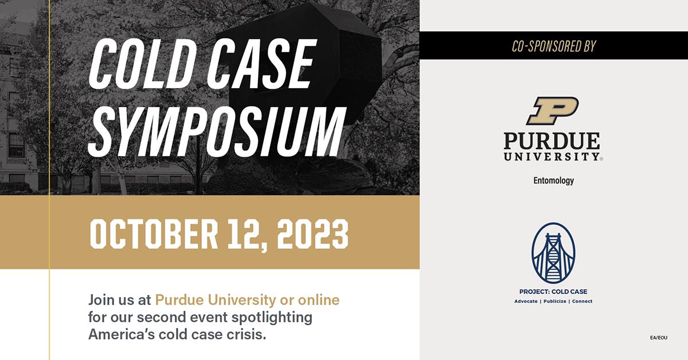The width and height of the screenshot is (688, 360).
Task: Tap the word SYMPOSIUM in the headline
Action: point(217,132)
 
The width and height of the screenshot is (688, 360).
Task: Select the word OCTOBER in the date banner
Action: point(154,234)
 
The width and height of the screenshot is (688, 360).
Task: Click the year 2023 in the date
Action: point(312,234)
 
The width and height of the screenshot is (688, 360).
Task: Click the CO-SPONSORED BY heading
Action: point(554,46)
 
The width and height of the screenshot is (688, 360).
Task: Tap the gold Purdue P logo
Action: point(553,111)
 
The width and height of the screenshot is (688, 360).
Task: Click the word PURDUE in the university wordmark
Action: point(552,141)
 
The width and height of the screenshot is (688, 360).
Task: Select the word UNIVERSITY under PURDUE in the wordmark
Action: point(552,156)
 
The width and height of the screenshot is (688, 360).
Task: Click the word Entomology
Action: point(553,181)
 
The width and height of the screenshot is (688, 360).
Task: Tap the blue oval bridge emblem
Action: point(553,253)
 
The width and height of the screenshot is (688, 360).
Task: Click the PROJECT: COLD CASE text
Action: point(553,292)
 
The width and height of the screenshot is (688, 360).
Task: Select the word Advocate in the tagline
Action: point(526,302)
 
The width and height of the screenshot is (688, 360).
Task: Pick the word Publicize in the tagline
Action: point(555,302)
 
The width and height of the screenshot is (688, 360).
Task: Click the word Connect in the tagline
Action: point(583,302)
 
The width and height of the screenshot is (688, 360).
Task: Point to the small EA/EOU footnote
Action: point(659,338)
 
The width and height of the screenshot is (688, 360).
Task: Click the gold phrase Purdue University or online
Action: point(247,300)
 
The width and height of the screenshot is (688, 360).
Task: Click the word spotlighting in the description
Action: point(272,318)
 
